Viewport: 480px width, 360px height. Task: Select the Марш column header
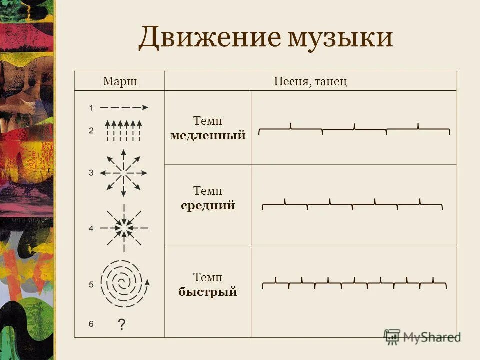(x=120, y=81)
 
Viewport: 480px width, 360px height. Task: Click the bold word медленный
(x=208, y=135)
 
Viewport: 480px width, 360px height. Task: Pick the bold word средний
(x=208, y=205)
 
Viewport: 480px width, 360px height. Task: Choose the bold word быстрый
(x=208, y=292)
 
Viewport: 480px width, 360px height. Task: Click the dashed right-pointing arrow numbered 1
(x=124, y=107)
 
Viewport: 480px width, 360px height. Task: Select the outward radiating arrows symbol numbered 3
(x=123, y=173)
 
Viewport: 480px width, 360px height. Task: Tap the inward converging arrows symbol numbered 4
(x=123, y=228)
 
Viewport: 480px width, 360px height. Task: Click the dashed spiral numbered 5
(x=123, y=284)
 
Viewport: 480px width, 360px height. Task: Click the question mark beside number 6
(x=121, y=325)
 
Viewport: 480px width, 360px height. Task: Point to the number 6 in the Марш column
(x=91, y=324)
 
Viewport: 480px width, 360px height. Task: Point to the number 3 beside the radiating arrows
(x=91, y=173)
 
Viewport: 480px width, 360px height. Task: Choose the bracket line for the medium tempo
(x=352, y=204)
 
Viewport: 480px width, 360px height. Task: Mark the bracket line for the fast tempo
(x=354, y=283)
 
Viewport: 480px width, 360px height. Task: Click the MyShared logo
(x=422, y=337)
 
